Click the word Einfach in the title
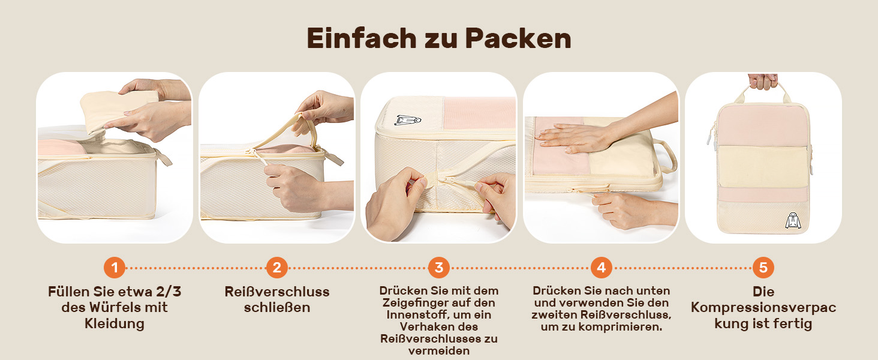[x=361, y=38]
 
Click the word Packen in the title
[x=518, y=38]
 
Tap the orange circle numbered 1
[x=114, y=268]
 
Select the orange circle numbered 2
[x=276, y=268]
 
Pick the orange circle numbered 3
[x=439, y=268]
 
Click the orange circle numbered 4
[x=602, y=268]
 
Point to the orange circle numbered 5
[x=763, y=268]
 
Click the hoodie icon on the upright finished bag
[x=793, y=220]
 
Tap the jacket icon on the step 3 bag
[x=407, y=119]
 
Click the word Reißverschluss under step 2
[x=276, y=292]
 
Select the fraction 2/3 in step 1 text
[x=169, y=292]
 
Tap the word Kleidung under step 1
[x=115, y=324]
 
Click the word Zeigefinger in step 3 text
[x=417, y=303]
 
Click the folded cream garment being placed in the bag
[x=118, y=110]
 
